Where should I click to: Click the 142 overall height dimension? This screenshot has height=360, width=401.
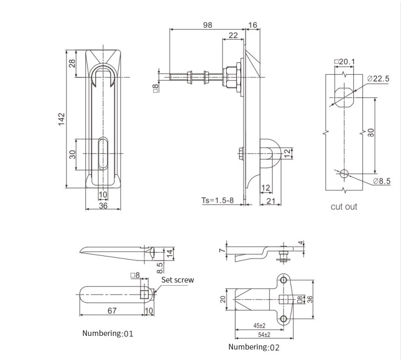pos(62,119)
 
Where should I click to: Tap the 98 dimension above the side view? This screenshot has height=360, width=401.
pos(208,25)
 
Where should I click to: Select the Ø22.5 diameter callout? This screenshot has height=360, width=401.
pos(378,78)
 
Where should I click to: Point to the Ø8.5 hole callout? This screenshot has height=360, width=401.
pos(382,181)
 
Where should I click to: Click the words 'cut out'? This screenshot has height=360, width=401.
pos(344,207)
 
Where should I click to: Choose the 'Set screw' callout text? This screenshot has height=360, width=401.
pos(177,280)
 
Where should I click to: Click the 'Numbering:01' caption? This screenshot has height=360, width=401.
pos(108,333)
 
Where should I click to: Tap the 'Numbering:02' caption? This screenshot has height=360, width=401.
pos(254,347)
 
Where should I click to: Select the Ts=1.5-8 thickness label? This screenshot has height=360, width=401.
pos(217,200)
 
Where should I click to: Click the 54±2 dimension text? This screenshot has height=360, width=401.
pos(264,334)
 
